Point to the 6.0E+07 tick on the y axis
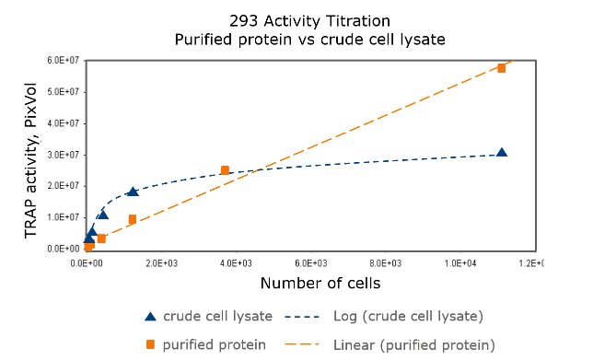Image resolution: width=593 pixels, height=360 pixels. point(64,61)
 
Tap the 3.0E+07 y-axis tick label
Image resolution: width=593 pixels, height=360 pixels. point(64,155)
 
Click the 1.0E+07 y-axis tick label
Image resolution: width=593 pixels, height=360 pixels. point(64,217)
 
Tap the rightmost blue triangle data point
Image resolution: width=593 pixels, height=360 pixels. point(502,153)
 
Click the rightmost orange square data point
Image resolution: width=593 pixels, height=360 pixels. point(502,68)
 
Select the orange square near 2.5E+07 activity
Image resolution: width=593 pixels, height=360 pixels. point(225,170)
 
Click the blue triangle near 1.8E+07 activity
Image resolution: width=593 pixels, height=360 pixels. point(133,192)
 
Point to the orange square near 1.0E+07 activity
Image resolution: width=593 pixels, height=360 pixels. point(133,219)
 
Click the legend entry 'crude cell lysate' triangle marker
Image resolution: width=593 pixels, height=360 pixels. point(150,316)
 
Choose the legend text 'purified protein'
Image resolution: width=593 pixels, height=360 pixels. point(215,344)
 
